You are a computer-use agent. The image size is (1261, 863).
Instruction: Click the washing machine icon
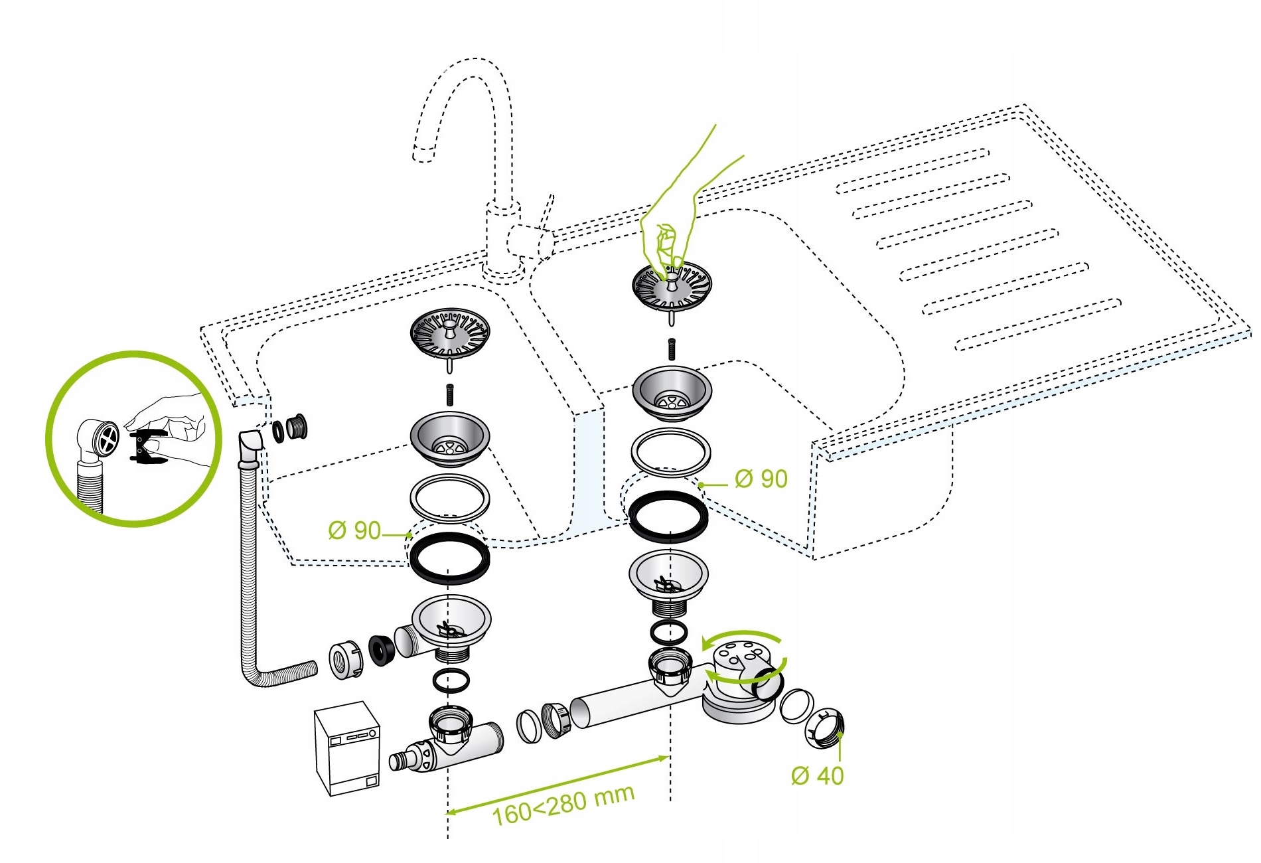347,748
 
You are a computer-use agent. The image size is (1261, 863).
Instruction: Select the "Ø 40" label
817,775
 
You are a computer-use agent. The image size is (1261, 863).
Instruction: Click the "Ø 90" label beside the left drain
354,530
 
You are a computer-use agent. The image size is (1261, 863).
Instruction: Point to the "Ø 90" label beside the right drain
761,479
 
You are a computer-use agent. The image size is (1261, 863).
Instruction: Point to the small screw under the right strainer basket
671,349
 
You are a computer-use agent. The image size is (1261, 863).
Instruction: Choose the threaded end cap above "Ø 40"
825,728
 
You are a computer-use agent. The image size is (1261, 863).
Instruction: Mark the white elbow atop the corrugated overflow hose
251,446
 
